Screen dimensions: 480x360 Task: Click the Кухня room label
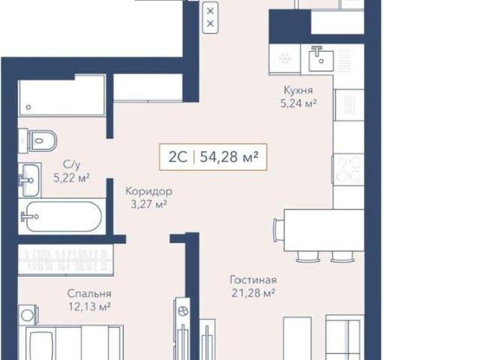298,90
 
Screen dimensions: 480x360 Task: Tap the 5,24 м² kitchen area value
298,103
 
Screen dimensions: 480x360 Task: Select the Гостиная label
253,280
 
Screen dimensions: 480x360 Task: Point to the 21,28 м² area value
253,293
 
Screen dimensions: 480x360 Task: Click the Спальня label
89,293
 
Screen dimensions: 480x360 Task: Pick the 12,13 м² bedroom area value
89,307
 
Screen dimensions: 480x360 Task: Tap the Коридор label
149,191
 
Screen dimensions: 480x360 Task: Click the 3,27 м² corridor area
148,204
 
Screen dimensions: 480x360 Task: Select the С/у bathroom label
72,165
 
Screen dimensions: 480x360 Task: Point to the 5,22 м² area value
72,178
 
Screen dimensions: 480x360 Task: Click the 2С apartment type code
178,157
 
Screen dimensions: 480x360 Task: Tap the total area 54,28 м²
229,157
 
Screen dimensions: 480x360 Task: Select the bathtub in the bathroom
61,217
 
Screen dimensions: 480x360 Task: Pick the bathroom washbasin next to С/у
29,180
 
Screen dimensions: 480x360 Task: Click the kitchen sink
321,59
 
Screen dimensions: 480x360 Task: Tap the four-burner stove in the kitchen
348,169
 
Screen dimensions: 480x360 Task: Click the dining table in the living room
324,230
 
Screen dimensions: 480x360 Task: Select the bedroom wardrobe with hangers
65,260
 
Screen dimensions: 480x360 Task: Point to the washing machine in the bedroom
28,315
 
